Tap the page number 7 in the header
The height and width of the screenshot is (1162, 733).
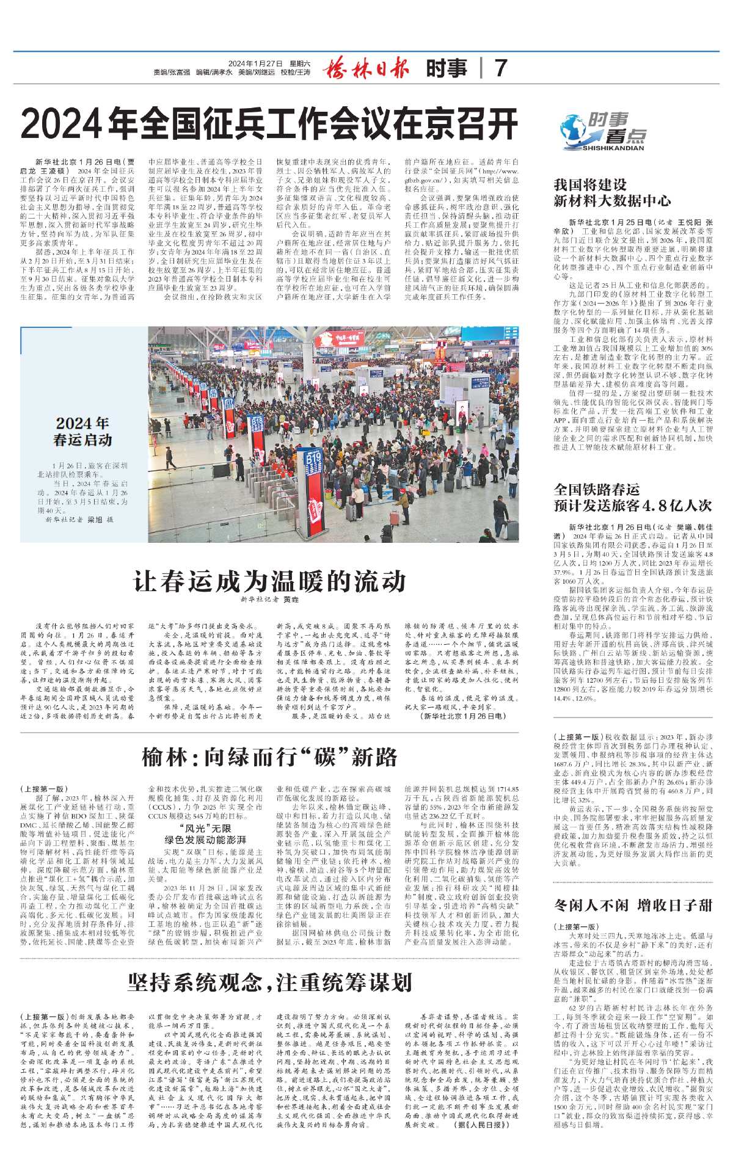pyautogui.click(x=500, y=68)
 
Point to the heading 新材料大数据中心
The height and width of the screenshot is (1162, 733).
pyautogui.click(x=612, y=201)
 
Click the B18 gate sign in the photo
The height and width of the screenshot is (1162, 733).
pyautogui.click(x=257, y=422)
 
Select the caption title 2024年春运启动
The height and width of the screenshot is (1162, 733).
pyautogui.click(x=83, y=431)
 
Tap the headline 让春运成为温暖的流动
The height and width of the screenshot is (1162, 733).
pyautogui.click(x=269, y=580)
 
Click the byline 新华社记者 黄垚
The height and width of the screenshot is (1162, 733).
pyautogui.click(x=269, y=601)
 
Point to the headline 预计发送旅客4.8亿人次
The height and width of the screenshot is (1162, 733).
pyautogui.click(x=633, y=506)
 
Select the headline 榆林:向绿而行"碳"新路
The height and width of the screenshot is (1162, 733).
pyautogui.click(x=269, y=757)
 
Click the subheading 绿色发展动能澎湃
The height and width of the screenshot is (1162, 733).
pyautogui.click(x=205, y=840)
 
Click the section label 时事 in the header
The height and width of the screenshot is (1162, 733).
pyautogui.click(x=447, y=68)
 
